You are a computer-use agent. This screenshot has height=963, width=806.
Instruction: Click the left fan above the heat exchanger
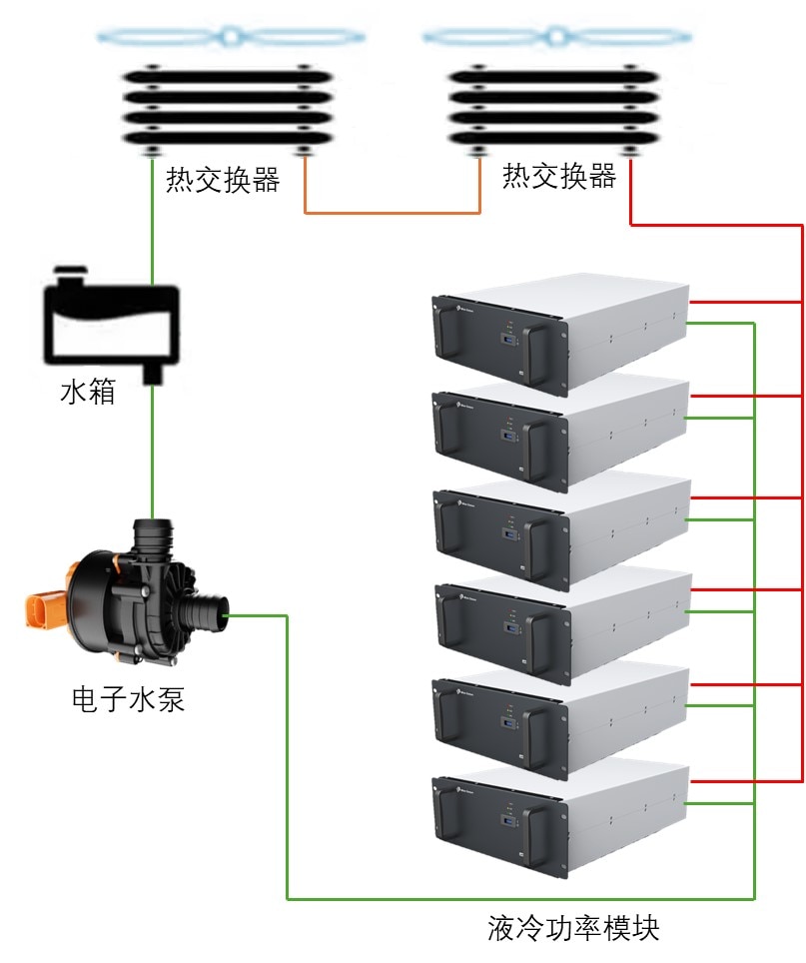[231, 37]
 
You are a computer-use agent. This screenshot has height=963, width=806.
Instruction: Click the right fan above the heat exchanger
[556, 37]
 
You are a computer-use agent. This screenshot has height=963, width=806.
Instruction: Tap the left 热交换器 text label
[223, 180]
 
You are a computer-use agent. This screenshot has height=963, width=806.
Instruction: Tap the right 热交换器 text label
[559, 176]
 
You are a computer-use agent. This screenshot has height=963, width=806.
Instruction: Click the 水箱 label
[88, 392]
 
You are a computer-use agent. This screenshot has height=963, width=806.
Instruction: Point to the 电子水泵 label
[128, 699]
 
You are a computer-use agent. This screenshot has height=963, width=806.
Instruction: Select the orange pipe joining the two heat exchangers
[393, 213]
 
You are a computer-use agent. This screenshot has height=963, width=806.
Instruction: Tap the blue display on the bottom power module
[509, 821]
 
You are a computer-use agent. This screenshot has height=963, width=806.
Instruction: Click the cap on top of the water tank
[70, 274]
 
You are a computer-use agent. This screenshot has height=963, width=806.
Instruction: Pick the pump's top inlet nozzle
[153, 533]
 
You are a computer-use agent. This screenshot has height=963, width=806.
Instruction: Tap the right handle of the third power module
[536, 549]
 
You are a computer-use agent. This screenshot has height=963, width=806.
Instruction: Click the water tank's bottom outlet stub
[153, 374]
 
